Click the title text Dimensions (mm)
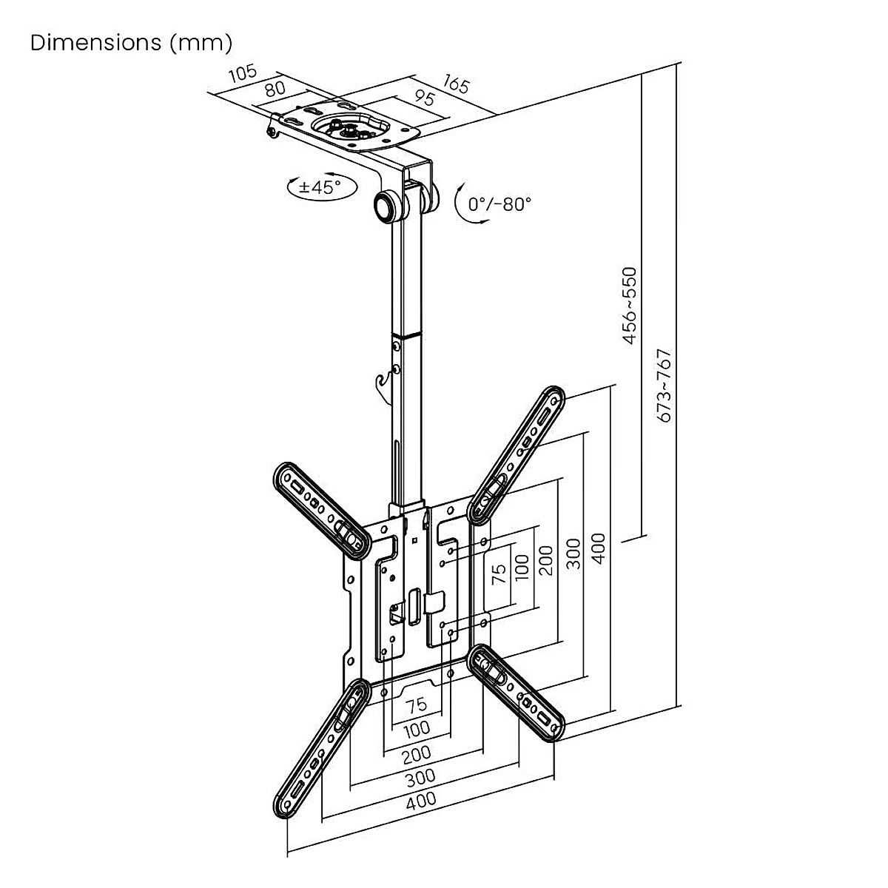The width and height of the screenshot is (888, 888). coord(132,43)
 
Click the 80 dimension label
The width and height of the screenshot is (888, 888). coord(275,89)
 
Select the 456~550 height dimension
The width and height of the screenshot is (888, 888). coord(630,306)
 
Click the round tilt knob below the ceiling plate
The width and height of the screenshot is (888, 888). coord(386,206)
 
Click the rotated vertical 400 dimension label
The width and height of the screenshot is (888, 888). coord(600,548)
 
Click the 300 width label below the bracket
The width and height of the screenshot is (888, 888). coord(421,777)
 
